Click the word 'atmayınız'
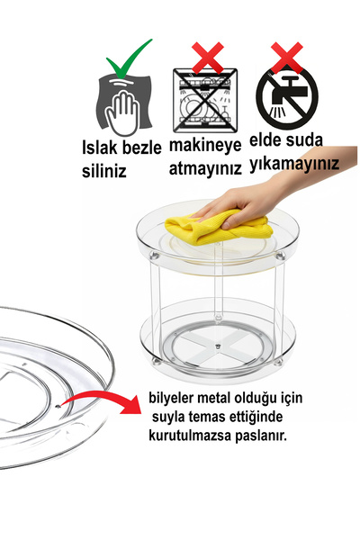click(205, 168)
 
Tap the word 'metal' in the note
click(225, 398)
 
